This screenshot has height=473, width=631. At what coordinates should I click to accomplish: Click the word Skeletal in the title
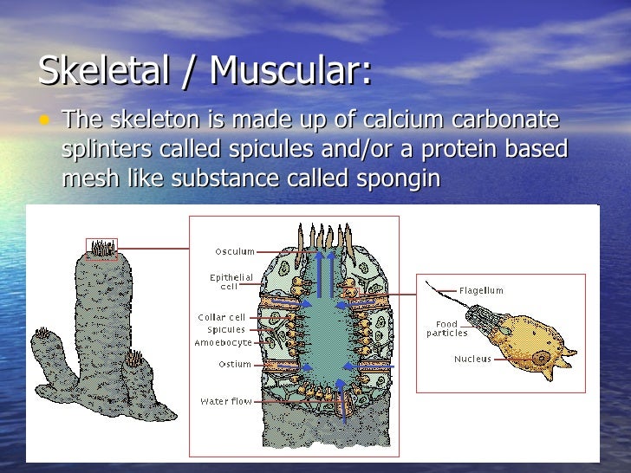coord(104,71)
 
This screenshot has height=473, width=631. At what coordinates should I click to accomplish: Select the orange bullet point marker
coord(45,120)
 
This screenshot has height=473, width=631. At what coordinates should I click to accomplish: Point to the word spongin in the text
coord(397,178)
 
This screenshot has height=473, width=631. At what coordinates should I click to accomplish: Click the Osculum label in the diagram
coord(235,252)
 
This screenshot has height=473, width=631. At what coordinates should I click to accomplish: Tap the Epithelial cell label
coord(231,282)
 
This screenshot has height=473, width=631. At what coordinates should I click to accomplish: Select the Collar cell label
coord(222,317)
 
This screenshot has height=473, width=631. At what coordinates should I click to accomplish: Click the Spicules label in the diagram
coord(226,330)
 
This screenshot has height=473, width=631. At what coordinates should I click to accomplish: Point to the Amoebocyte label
coord(224,343)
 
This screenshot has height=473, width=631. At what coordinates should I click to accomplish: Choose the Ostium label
coord(234,365)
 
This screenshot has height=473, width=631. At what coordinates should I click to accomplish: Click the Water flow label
coord(226,402)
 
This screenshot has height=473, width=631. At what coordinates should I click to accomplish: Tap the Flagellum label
coord(481,291)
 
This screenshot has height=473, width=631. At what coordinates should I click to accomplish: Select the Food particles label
coord(447,329)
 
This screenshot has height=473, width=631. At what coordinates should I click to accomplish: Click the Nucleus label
coord(472,359)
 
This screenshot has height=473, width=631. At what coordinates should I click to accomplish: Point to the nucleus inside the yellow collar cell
coord(541,356)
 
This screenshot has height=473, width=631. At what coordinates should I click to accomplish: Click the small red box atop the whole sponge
coord(102,249)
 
